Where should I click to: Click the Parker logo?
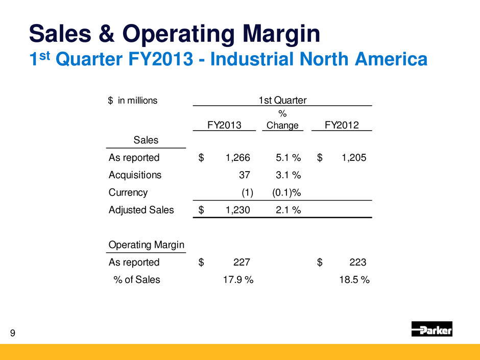[431, 329]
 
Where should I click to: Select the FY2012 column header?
[341, 125]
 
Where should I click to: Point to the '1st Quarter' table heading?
[282, 100]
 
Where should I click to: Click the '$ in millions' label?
[133, 100]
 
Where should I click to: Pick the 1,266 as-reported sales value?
[238, 157]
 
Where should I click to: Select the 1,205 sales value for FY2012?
[353, 157]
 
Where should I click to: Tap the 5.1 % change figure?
[286, 157]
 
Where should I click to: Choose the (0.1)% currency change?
[283, 193]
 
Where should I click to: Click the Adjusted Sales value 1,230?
[238, 209]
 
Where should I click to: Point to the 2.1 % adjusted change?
[286, 209]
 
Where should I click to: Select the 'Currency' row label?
[128, 193]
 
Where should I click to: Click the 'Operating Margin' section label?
[147, 245]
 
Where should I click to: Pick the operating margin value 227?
[242, 262]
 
